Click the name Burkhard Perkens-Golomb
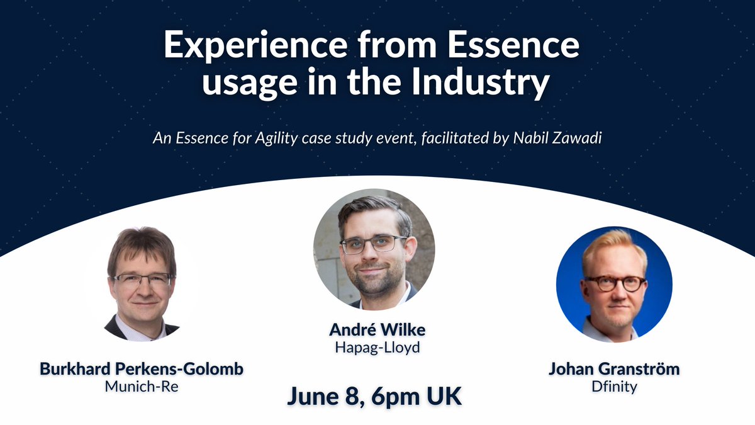tap(142, 369)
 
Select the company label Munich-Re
tap(142, 386)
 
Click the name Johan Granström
tap(613, 369)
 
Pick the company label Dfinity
tap(613, 386)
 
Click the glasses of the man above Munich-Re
tap(142, 280)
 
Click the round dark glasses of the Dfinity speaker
tap(614, 283)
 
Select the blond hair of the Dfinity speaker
tap(613, 242)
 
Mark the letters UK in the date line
tap(444, 397)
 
